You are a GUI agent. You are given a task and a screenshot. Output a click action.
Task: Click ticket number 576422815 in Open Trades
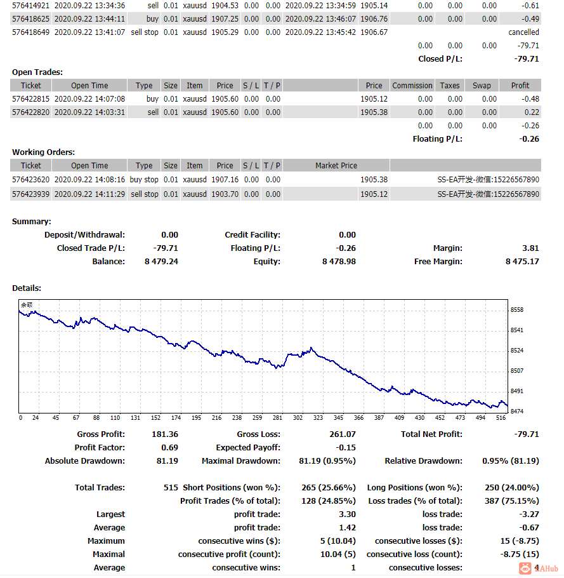point(30,99)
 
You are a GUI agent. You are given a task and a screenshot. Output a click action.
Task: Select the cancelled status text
point(523,32)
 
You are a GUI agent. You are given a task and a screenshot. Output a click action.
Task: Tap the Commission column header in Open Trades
point(412,86)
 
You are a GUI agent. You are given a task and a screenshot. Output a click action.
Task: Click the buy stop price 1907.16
point(225,180)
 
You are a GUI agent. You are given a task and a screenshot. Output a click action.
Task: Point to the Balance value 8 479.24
point(161,261)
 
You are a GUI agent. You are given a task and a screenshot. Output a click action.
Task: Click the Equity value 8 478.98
point(339,261)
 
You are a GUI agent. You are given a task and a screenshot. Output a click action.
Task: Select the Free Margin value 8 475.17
point(522,261)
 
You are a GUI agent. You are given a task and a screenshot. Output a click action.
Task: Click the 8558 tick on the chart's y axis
point(516,310)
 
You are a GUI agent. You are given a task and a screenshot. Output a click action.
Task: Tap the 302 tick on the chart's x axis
point(298,418)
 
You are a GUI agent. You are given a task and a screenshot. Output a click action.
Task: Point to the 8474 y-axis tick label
point(516,411)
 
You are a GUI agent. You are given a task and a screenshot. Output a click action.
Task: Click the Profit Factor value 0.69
point(170,448)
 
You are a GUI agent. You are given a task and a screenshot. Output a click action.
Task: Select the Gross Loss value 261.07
point(343,434)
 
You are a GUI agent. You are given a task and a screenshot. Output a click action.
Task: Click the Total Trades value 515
point(171,487)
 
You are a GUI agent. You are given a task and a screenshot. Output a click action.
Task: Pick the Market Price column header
point(336,166)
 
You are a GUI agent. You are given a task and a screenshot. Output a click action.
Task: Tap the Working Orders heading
point(43,152)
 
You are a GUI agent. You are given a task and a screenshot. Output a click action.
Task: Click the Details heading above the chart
point(27,288)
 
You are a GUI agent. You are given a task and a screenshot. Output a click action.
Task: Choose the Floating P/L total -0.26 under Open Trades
point(529,139)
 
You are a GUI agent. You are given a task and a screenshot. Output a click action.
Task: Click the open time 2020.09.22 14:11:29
point(89,194)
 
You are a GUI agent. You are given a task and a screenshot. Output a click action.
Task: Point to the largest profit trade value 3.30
point(347,514)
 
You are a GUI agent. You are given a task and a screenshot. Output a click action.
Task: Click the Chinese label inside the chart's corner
point(27,305)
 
